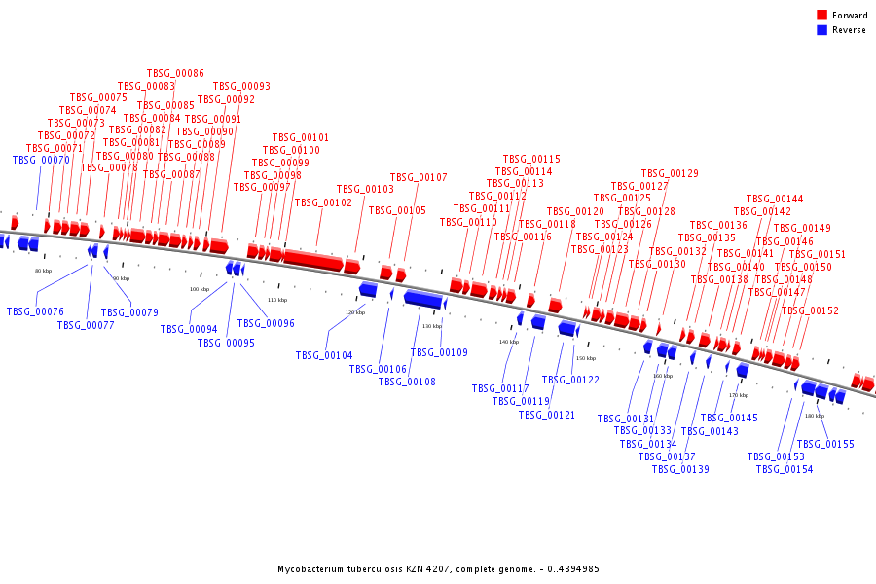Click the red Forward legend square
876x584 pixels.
coord(822,16)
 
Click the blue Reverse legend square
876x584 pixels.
coord(822,30)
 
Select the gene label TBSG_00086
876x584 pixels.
coord(175,74)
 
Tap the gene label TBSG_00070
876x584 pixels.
coord(41,161)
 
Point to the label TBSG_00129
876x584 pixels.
coord(670,174)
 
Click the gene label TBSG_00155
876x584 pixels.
coord(825,445)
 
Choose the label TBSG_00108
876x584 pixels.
coord(407,382)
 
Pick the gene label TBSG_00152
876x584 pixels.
coord(810,311)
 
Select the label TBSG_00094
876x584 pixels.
coord(189,330)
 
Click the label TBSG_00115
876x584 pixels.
coord(531,160)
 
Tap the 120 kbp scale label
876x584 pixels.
coord(355,312)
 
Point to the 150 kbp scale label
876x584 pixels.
coord(585,358)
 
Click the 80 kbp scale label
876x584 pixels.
coord(43,271)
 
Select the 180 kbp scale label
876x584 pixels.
coord(815,416)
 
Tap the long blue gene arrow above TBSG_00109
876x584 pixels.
coord(424,299)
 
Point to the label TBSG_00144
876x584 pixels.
coord(775,200)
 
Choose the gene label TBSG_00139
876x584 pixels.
coord(680,469)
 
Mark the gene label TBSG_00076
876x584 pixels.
coord(35,312)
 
